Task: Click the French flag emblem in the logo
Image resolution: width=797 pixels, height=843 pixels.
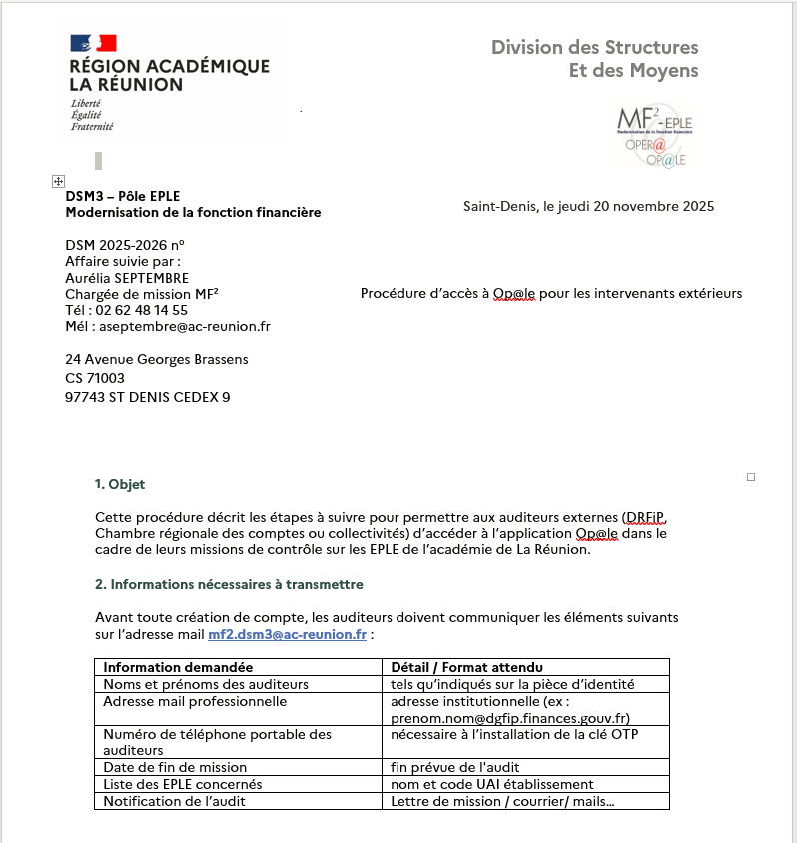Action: (x=93, y=43)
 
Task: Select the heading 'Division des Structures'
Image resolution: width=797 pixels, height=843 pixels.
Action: (x=595, y=47)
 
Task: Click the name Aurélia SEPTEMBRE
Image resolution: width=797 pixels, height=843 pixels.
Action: (x=127, y=278)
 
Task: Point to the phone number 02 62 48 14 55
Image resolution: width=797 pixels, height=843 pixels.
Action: (x=142, y=310)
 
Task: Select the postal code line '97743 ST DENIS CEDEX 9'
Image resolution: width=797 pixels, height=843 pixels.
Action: (x=148, y=397)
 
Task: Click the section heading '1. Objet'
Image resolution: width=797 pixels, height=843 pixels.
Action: (x=120, y=484)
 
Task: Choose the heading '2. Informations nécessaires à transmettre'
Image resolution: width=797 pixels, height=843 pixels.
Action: (x=229, y=584)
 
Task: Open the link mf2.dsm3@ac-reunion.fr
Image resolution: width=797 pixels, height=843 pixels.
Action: (x=287, y=634)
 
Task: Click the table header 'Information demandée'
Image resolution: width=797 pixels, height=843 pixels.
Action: (x=178, y=667)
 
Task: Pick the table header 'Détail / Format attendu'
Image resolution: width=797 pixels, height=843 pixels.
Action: (x=466, y=667)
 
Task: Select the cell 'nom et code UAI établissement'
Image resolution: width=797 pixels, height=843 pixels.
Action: (x=491, y=784)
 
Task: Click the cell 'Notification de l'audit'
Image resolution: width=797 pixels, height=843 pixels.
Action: (x=175, y=801)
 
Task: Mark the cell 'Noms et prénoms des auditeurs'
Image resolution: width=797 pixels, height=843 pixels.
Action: (x=206, y=684)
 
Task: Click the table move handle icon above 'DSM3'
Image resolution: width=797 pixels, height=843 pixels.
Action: (x=57, y=180)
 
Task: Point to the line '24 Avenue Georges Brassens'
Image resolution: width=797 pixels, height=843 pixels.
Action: (x=157, y=359)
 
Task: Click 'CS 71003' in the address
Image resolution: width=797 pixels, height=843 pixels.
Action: (x=95, y=378)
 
